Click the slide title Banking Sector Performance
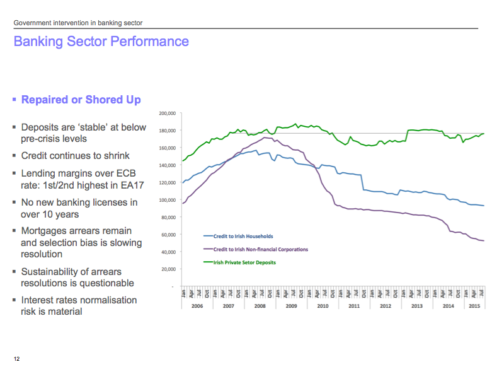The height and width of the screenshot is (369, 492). click(101, 42)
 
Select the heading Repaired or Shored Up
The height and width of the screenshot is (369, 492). click(81, 100)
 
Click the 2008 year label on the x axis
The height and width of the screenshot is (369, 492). click(259, 306)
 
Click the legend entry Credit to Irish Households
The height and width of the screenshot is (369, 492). click(243, 237)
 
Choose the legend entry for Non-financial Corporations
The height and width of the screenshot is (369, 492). click(260, 249)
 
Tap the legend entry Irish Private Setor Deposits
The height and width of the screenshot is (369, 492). click(244, 262)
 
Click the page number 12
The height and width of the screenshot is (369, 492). click(17, 359)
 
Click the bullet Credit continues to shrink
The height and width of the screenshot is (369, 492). click(75, 156)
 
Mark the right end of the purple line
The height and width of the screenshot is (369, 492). click(483, 241)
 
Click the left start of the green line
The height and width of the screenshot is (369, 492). click(183, 160)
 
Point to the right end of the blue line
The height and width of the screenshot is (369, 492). click(483, 206)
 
